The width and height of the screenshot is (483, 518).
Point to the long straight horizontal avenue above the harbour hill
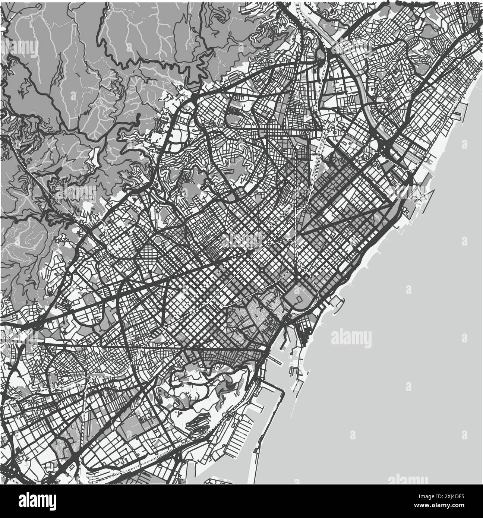click(x=179, y=348)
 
